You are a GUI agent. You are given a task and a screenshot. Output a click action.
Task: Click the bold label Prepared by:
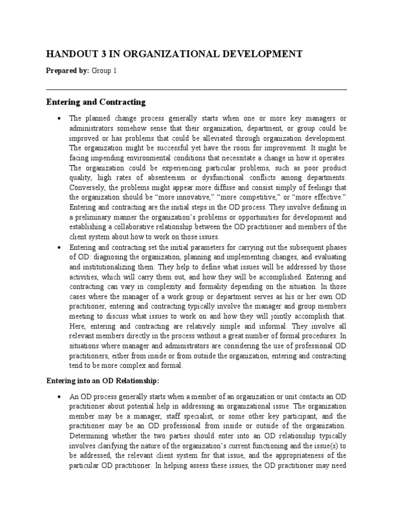point(68,71)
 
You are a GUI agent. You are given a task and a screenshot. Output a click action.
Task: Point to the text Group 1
point(104,71)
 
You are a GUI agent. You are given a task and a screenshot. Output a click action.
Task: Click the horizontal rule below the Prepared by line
point(196,90)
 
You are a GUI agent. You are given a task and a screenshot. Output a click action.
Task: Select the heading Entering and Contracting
point(96,102)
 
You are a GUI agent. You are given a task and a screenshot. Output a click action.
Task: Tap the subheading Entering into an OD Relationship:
point(103,381)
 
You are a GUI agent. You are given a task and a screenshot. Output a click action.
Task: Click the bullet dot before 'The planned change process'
point(60,119)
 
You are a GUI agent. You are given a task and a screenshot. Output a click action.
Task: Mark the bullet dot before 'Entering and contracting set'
point(60,247)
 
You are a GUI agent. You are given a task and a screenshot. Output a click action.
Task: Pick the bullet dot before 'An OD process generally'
point(60,397)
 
